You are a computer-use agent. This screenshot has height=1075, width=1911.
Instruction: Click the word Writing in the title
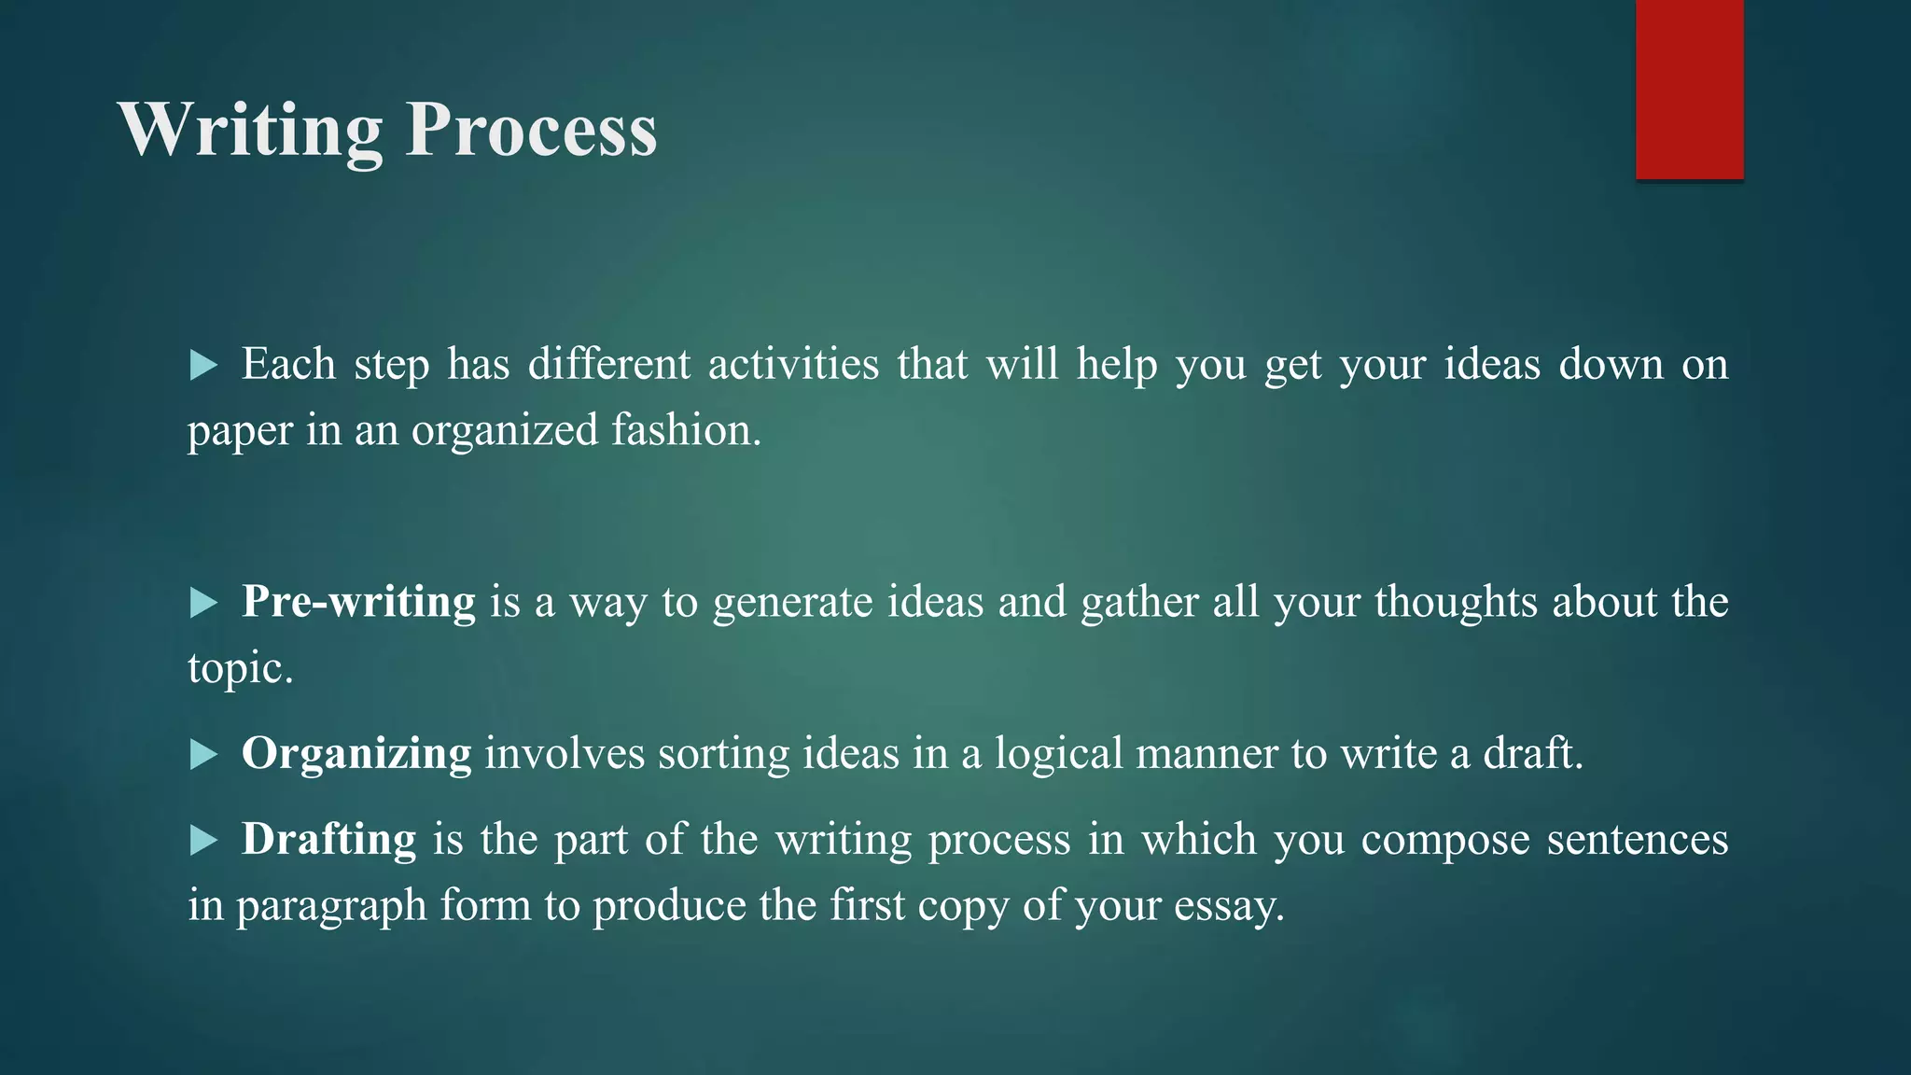(x=250, y=131)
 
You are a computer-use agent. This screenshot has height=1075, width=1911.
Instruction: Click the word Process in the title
(x=532, y=131)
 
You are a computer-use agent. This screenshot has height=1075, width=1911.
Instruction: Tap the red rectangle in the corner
(x=1689, y=89)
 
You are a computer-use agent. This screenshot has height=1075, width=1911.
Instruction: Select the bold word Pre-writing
(x=358, y=602)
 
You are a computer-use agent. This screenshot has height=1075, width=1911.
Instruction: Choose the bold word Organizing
(x=356, y=754)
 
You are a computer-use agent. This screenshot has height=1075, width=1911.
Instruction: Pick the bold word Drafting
(x=328, y=840)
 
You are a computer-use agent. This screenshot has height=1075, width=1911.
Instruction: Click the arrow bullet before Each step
(x=202, y=365)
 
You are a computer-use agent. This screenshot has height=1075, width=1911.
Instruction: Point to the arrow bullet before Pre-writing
(x=202, y=603)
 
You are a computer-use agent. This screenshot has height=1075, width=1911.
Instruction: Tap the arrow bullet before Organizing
(x=202, y=754)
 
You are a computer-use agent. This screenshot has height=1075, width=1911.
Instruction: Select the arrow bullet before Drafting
(x=202, y=841)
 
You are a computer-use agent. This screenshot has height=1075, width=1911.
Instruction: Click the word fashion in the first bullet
(x=686, y=431)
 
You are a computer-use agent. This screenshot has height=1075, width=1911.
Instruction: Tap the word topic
(x=240, y=669)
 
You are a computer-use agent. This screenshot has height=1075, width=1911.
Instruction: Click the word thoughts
(x=1456, y=602)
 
